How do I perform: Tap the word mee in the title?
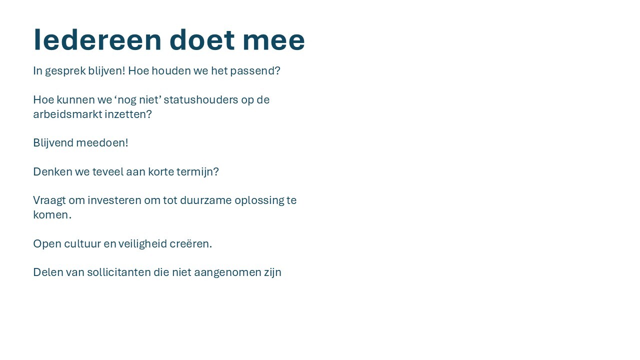[x=273, y=40]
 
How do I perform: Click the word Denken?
[x=52, y=172]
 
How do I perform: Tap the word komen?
[x=51, y=215]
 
